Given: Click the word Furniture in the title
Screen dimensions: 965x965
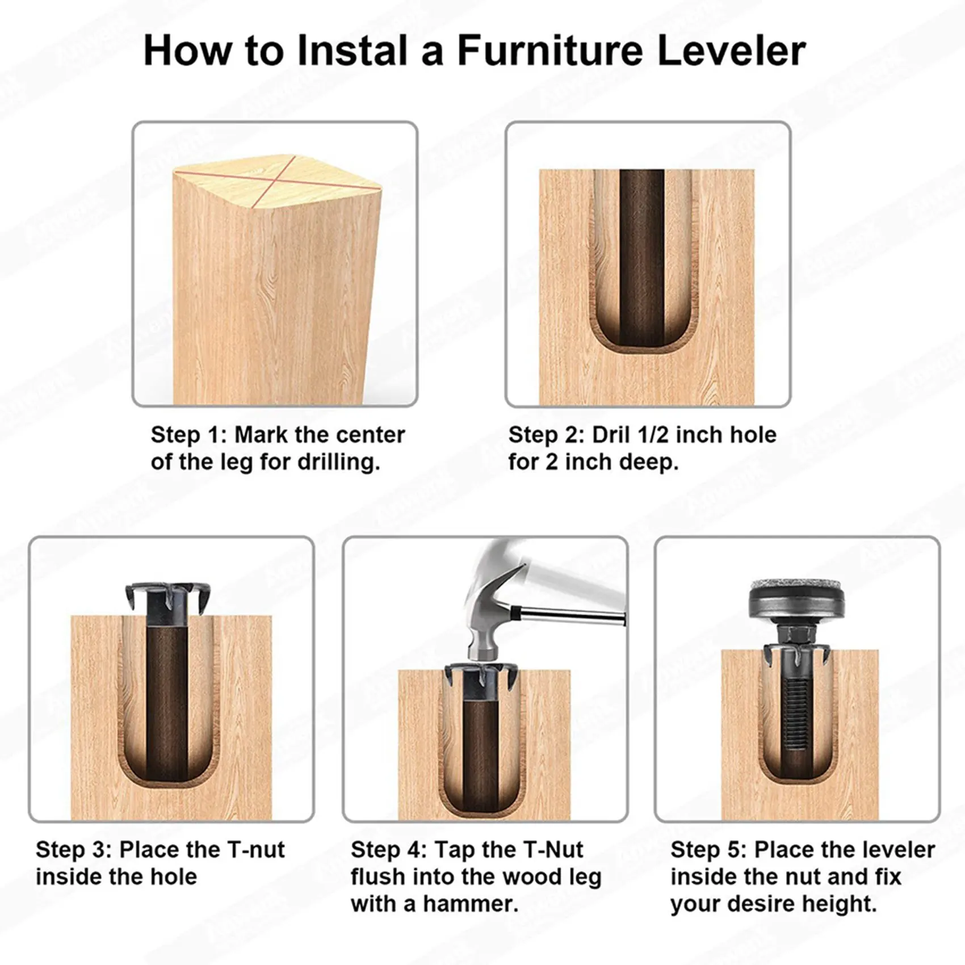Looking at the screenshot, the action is pos(550,51).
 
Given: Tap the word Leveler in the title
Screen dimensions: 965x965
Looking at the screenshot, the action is pos(731,51).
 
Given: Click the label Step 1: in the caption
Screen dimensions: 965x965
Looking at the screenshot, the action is pos(188,435).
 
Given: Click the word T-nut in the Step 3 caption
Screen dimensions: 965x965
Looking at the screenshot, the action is pos(256,850).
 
